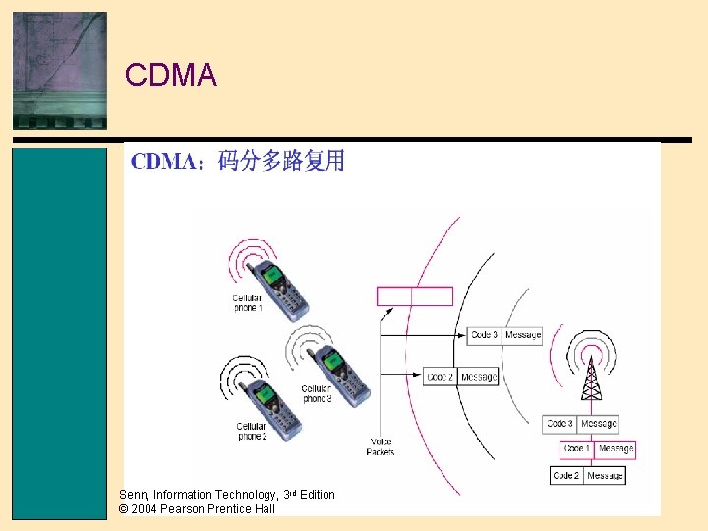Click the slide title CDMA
pos(171,76)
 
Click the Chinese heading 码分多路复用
pos(281,161)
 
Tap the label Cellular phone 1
pos(247,302)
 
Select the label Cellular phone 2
pos(252,431)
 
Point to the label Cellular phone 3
pos(317,394)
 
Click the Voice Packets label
pos(381,446)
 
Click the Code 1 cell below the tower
pos(576,449)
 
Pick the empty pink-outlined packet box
pos(415,296)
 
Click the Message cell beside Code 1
pos(616,449)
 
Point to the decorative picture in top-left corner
pos(59,70)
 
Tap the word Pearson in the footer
pos(185,509)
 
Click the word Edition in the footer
pos(318,495)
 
